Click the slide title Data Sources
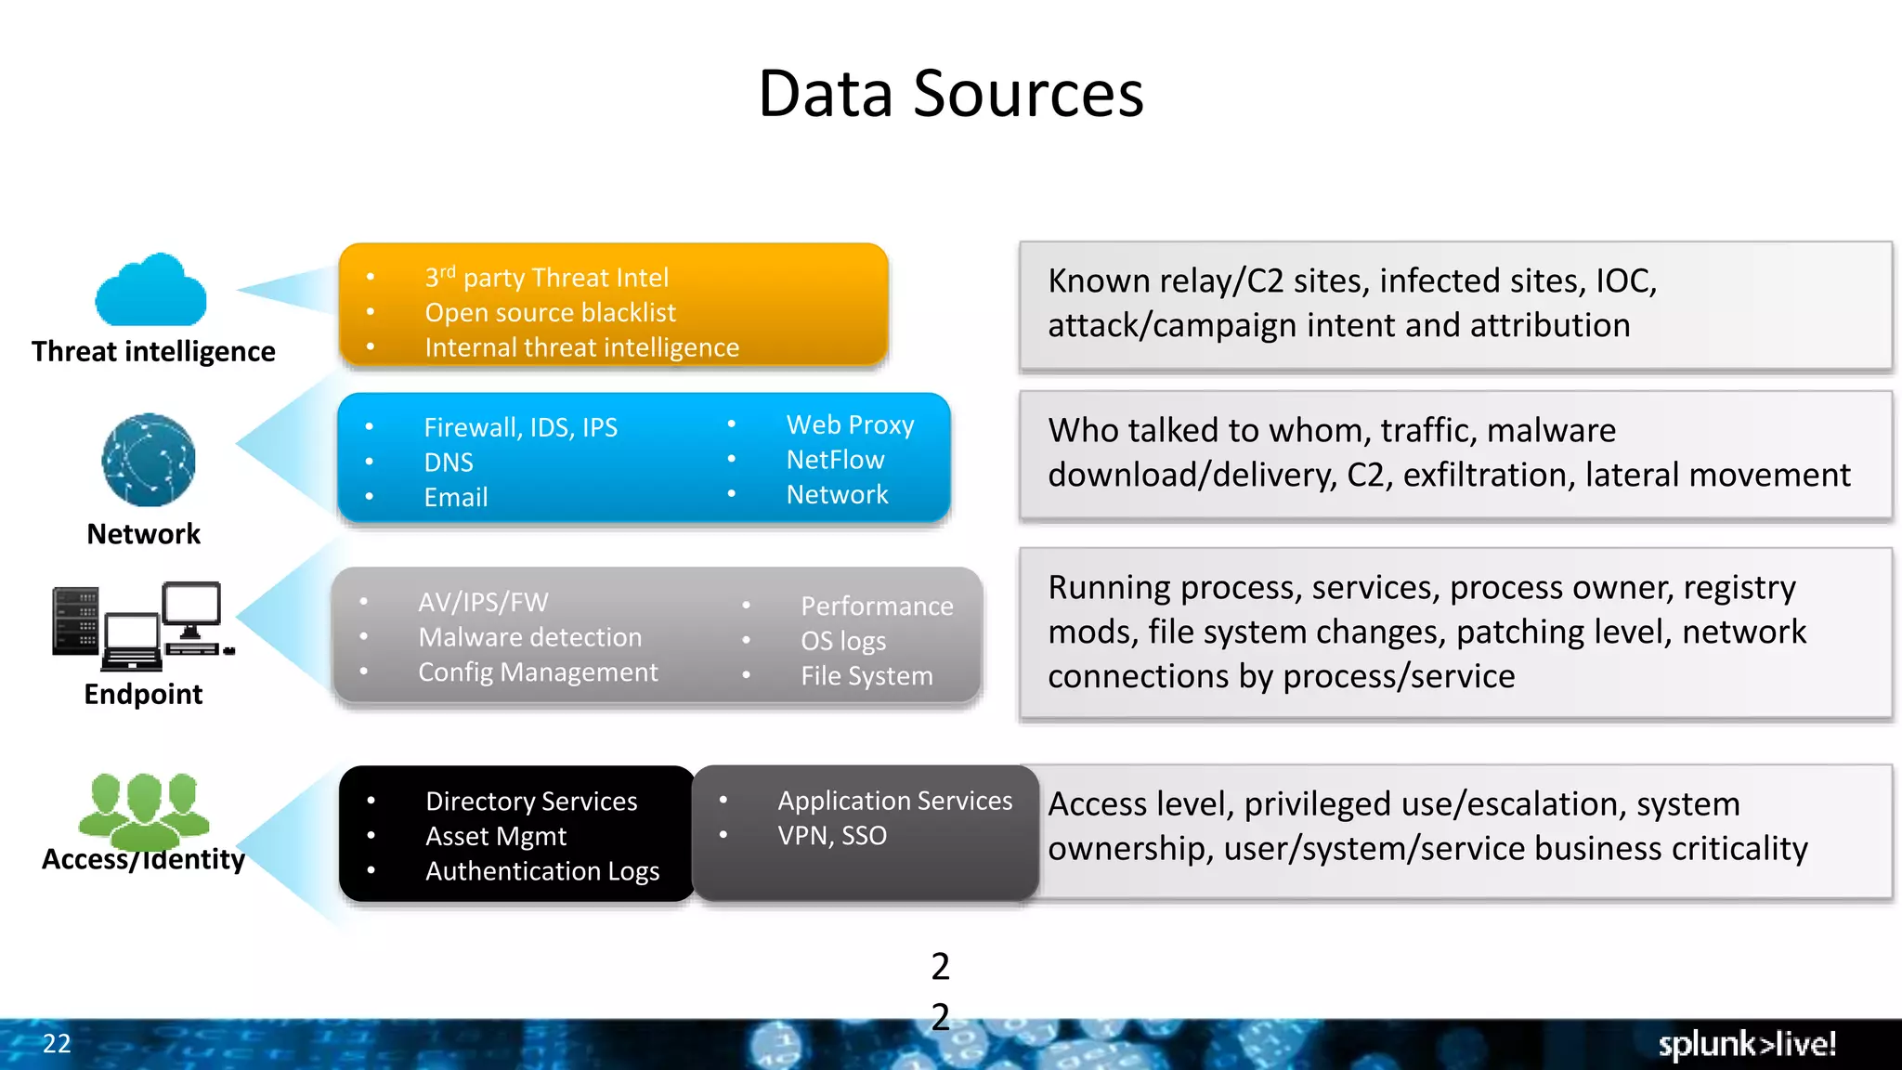click(x=950, y=94)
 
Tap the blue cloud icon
click(x=151, y=292)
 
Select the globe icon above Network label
click(x=149, y=460)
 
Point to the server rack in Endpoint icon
click(x=76, y=620)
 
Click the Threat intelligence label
click(x=153, y=351)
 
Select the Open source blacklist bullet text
click(x=550, y=312)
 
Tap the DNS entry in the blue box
click(x=449, y=462)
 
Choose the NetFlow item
click(x=835, y=460)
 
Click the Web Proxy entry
click(x=850, y=424)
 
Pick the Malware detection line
click(x=529, y=637)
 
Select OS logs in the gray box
click(x=843, y=641)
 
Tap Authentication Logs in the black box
click(x=542, y=871)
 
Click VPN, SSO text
click(x=832, y=835)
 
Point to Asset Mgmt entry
click(x=496, y=836)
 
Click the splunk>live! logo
click(x=1746, y=1044)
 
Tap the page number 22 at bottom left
click(x=57, y=1043)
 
